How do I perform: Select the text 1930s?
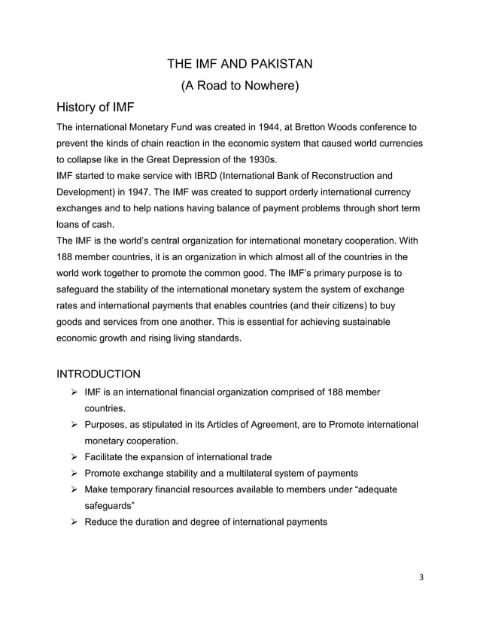(257, 159)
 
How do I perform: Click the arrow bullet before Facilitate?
(73, 457)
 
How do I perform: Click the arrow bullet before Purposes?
(73, 425)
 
